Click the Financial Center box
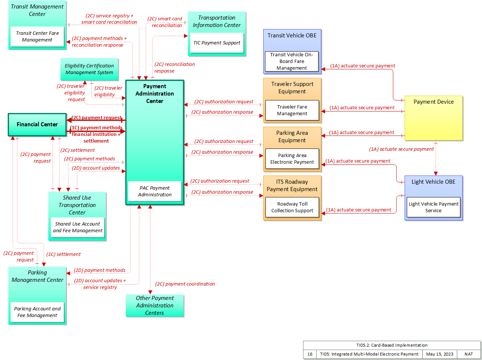pos(37,124)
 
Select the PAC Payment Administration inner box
pos(155,191)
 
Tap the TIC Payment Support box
pos(217,43)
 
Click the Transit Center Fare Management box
pos(37,36)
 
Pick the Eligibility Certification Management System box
pos(89,69)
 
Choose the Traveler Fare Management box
pos(292,110)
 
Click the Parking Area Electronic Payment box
pos(292,159)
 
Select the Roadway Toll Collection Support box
pos(292,207)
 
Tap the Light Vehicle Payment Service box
pos(433,207)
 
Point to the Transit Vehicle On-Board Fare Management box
pos(292,61)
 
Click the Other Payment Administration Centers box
pos(155,305)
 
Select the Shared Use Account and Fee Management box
pos(77,227)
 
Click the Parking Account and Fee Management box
pos(37,312)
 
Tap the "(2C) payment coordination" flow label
pos(185,284)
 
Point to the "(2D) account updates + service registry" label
pos(100,284)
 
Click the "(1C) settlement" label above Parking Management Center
pos(63,254)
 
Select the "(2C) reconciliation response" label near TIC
pos(174,67)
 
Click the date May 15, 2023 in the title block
pos(440,354)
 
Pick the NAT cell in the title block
pos(469,354)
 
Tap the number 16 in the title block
pos(309,354)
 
